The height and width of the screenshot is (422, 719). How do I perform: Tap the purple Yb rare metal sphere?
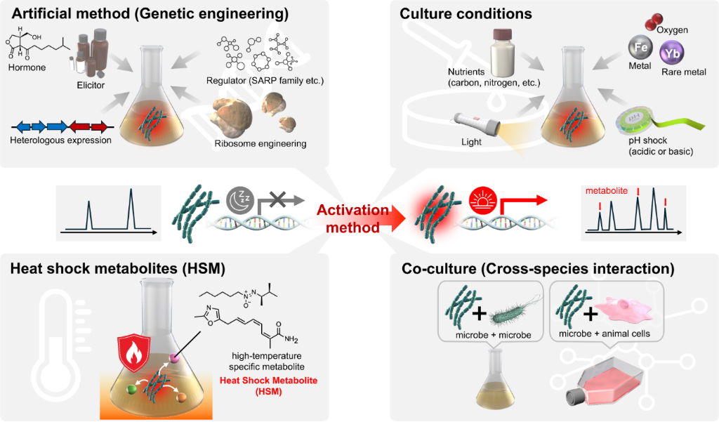[x=673, y=53]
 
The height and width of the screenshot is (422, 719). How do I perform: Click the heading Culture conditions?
[x=466, y=13]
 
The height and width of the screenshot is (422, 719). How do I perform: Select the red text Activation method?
[x=352, y=218]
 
